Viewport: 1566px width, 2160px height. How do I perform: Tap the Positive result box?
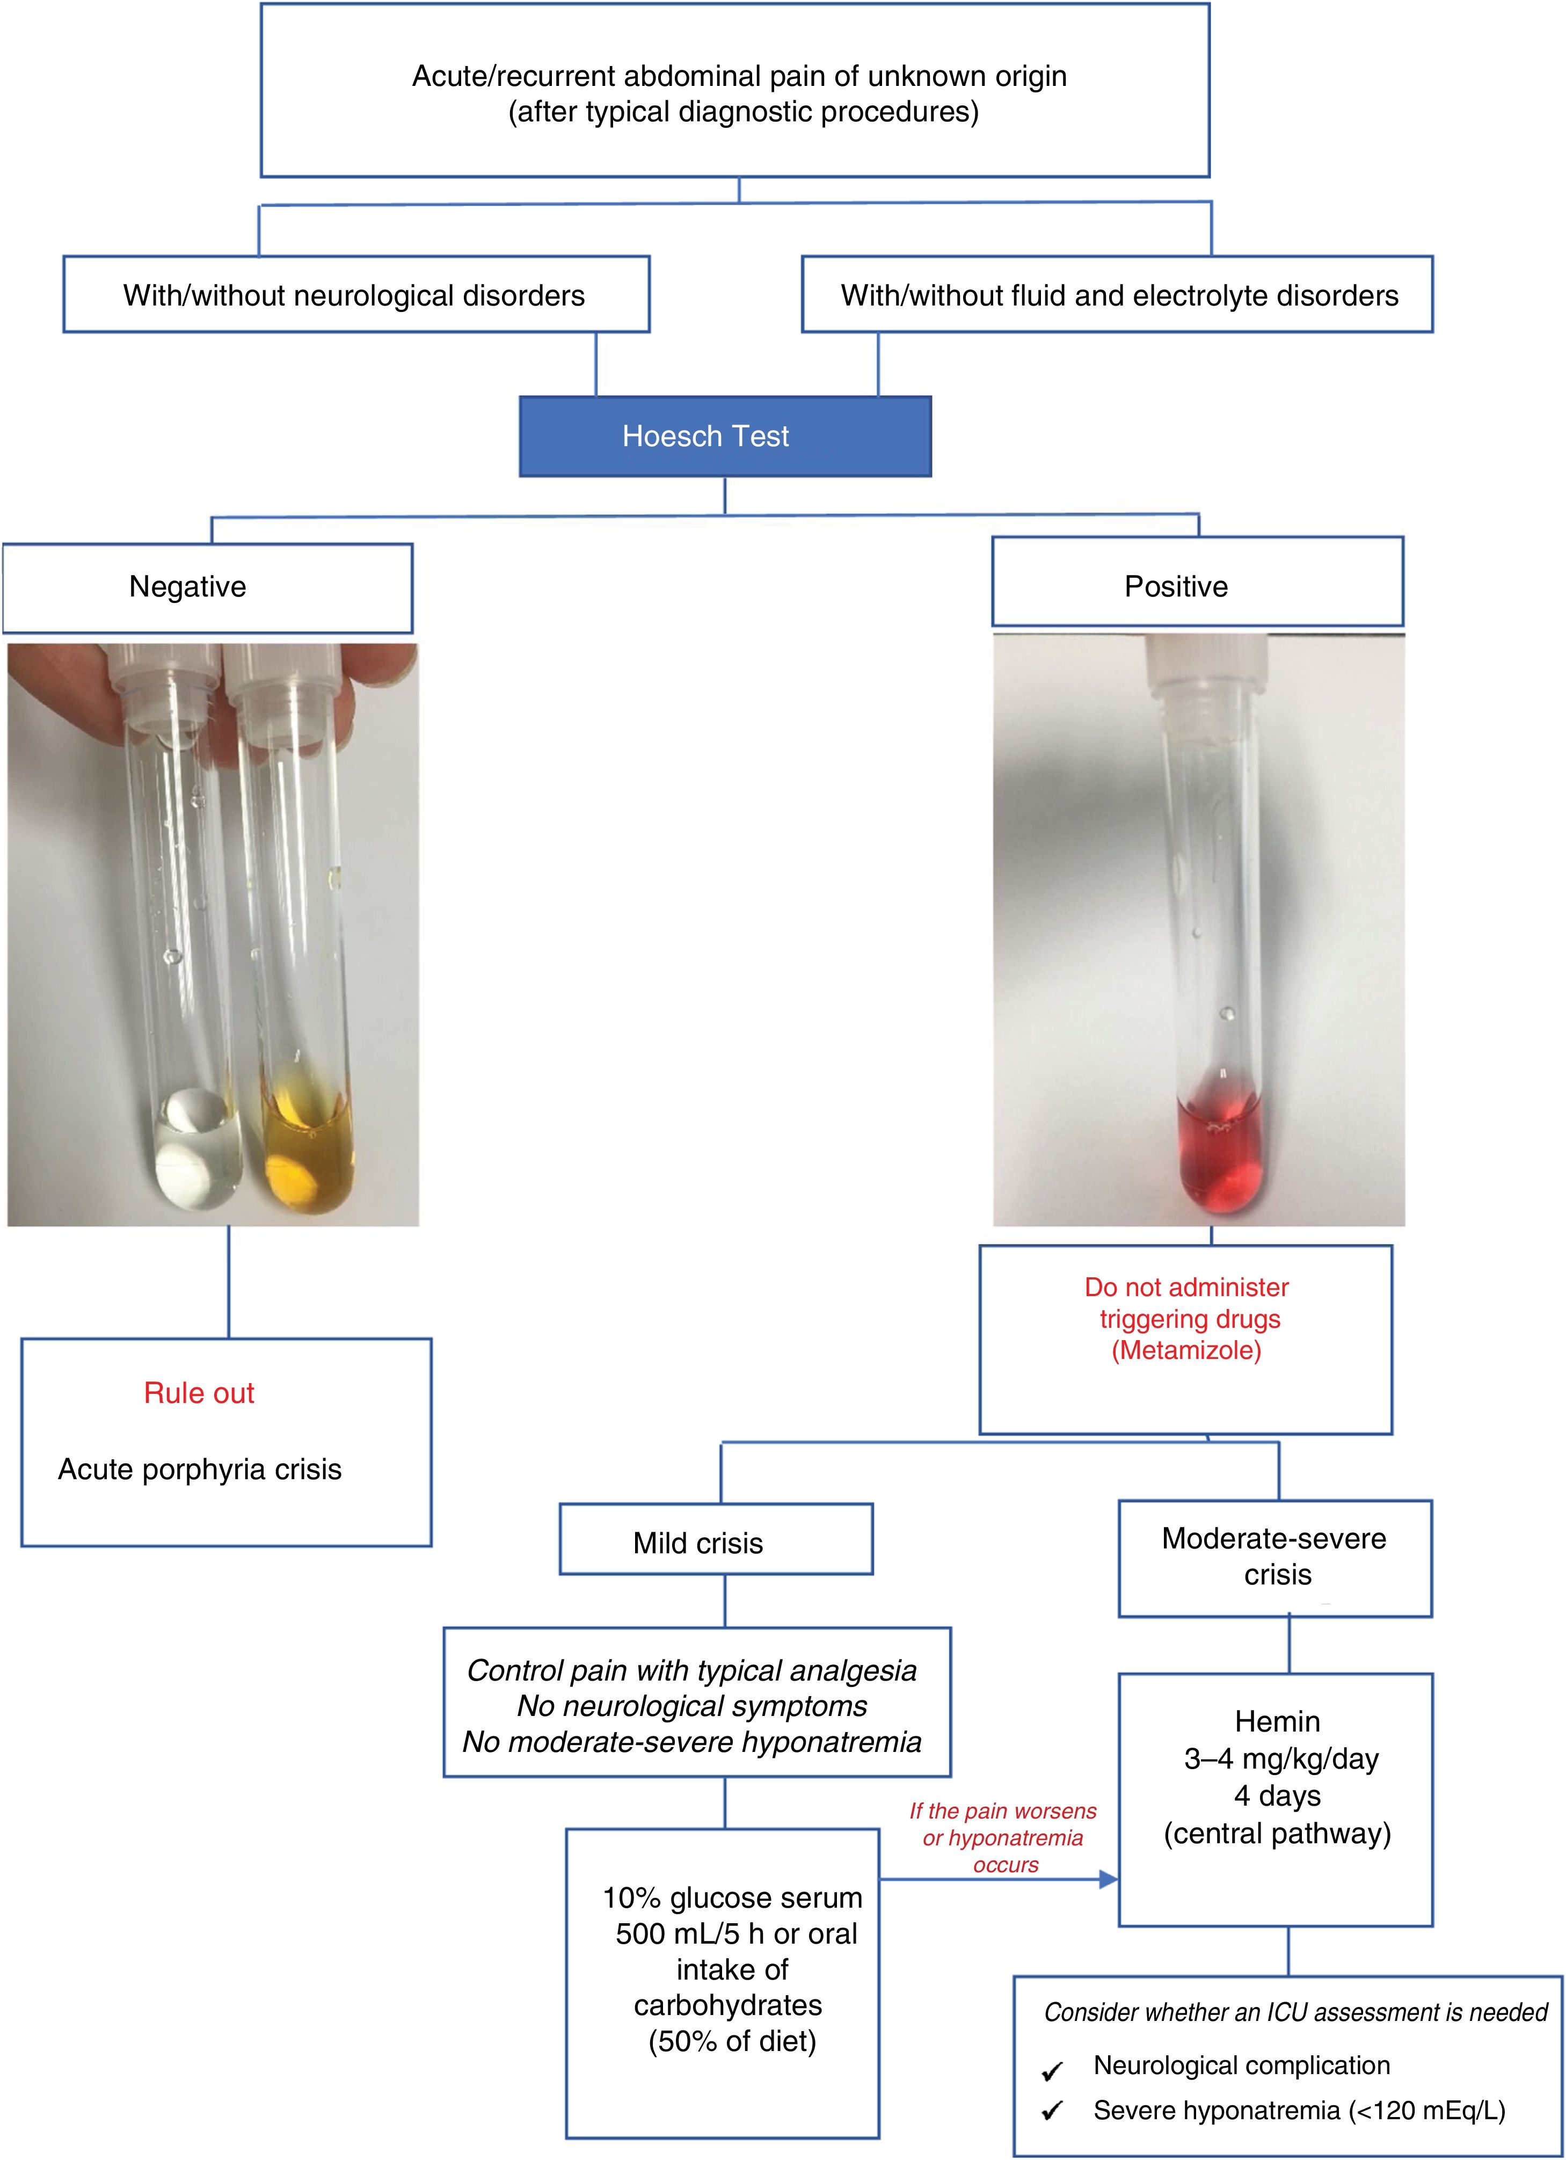point(1197,582)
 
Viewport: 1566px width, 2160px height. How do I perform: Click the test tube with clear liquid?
point(191,1048)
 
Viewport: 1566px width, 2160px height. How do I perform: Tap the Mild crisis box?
point(716,1543)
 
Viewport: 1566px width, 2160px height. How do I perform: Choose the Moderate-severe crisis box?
point(1274,1556)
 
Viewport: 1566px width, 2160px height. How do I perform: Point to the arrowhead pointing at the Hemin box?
point(1108,1879)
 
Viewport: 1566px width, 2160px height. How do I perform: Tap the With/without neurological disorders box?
point(355,295)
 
